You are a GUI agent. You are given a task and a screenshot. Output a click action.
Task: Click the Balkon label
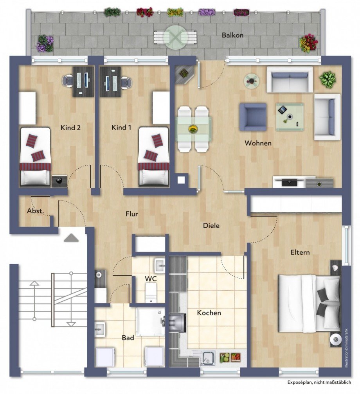pyautogui.click(x=232, y=35)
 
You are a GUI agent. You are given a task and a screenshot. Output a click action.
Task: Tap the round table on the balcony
pyautogui.click(x=175, y=37)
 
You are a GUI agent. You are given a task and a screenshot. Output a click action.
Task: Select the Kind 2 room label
pyautogui.click(x=70, y=128)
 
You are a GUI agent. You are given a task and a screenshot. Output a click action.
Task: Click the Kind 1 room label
pyautogui.click(x=121, y=128)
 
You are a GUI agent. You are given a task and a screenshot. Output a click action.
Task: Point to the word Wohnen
pyautogui.click(x=258, y=143)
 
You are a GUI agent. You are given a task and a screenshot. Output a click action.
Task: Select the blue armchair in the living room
pyautogui.click(x=253, y=117)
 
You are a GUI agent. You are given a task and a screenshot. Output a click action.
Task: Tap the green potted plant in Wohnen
pyautogui.click(x=327, y=79)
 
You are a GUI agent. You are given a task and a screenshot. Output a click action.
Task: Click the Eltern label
pyautogui.click(x=300, y=252)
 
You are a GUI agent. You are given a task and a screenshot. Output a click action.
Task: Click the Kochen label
pyautogui.click(x=209, y=313)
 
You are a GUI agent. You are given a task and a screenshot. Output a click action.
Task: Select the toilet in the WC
pyautogui.click(x=151, y=293)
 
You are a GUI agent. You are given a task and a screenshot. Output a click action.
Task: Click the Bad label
pyautogui.click(x=128, y=338)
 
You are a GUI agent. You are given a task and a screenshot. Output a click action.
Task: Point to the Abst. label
pyautogui.click(x=34, y=211)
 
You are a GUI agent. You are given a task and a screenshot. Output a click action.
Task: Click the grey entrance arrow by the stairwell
pyautogui.click(x=71, y=237)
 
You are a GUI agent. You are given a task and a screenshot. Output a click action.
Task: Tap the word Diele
pyautogui.click(x=211, y=226)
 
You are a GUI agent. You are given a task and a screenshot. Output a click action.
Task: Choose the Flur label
pyautogui.click(x=132, y=214)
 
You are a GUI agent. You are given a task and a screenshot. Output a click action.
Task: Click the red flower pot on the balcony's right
pyautogui.click(x=308, y=43)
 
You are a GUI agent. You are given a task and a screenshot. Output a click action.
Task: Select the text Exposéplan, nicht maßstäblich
pyautogui.click(x=319, y=382)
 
